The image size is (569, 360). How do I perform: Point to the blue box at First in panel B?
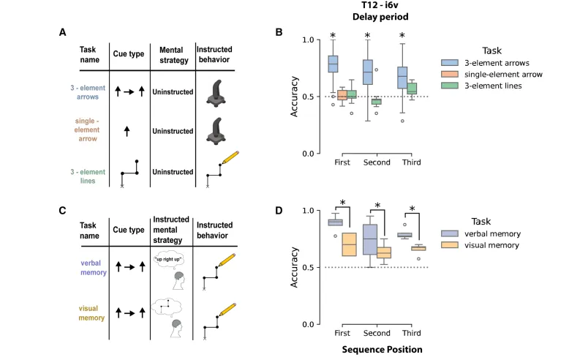tap(333, 64)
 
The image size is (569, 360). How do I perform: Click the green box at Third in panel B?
tap(411, 88)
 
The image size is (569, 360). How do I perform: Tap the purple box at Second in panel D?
tap(369, 239)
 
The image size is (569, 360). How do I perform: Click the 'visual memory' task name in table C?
tap(91, 312)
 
